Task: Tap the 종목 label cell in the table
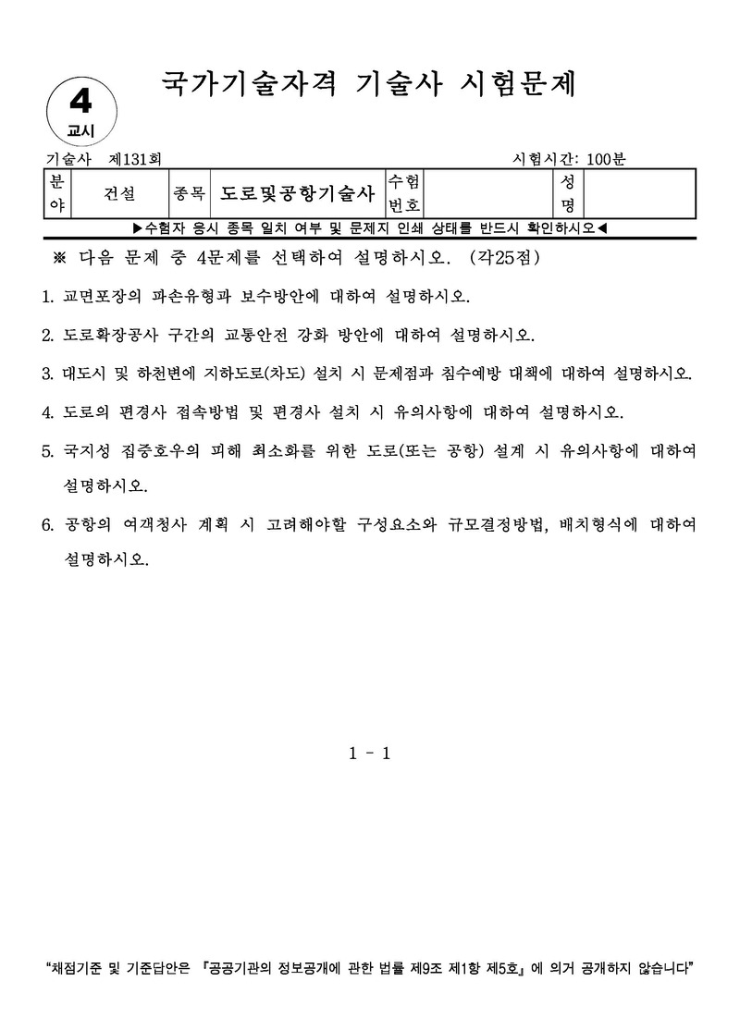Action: (x=189, y=193)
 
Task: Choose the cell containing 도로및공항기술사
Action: (x=297, y=193)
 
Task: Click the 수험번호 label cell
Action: (x=404, y=193)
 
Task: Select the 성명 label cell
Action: (x=568, y=193)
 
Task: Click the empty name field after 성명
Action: (x=638, y=193)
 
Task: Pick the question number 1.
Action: (x=48, y=298)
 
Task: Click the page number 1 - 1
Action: (x=370, y=754)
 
